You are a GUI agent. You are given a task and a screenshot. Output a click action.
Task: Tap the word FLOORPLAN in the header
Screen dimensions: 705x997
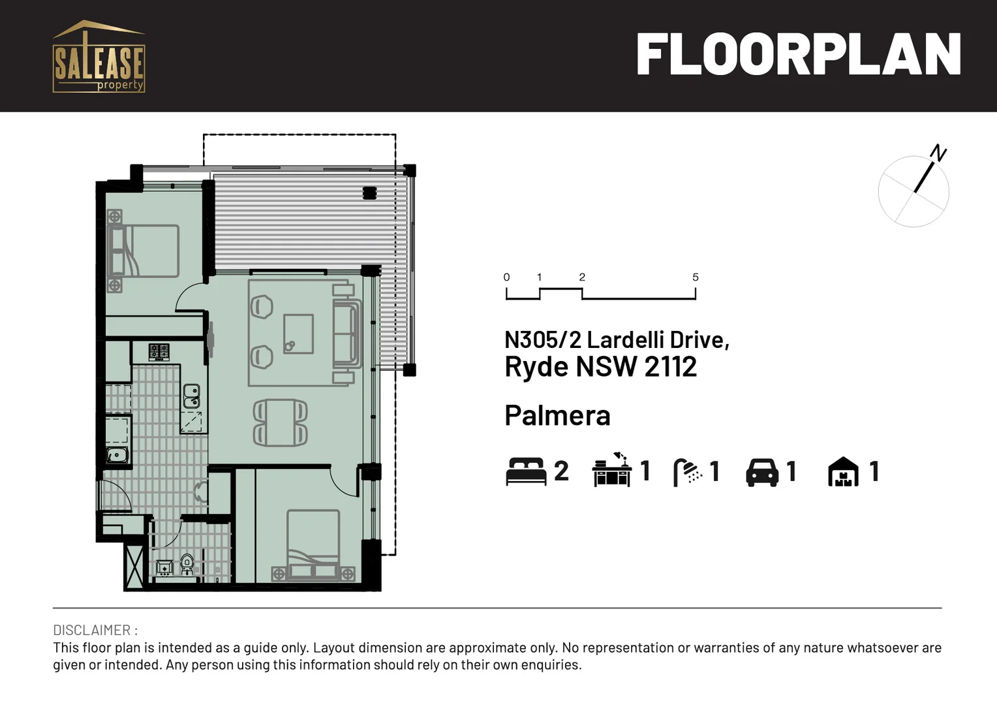pyautogui.click(x=798, y=55)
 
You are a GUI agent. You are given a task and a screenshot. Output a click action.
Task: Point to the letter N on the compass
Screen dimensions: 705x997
pyautogui.click(x=938, y=153)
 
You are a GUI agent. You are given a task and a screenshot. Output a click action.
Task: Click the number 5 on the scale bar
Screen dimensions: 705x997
pyautogui.click(x=696, y=277)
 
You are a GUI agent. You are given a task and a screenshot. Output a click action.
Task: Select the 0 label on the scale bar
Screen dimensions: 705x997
pyautogui.click(x=506, y=277)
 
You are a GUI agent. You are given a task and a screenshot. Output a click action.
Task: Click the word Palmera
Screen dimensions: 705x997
pyautogui.click(x=557, y=416)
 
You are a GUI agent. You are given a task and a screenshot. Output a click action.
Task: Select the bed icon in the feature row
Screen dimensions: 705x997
pyautogui.click(x=526, y=471)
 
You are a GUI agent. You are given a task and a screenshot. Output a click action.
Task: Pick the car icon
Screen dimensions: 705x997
pyautogui.click(x=762, y=472)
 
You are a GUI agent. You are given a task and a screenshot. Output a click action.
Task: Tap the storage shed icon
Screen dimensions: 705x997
pyautogui.click(x=843, y=472)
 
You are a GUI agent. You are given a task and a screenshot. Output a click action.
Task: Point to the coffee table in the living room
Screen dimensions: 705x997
pyautogui.click(x=298, y=334)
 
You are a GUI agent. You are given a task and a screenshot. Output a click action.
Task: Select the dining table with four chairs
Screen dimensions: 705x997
pyautogui.click(x=280, y=423)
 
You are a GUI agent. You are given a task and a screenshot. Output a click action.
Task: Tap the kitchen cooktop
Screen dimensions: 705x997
pyautogui.click(x=159, y=352)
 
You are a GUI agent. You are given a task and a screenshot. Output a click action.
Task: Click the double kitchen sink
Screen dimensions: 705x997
pyautogui.click(x=191, y=396)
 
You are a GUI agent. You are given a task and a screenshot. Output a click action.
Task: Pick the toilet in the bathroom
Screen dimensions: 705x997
pyautogui.click(x=187, y=563)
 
